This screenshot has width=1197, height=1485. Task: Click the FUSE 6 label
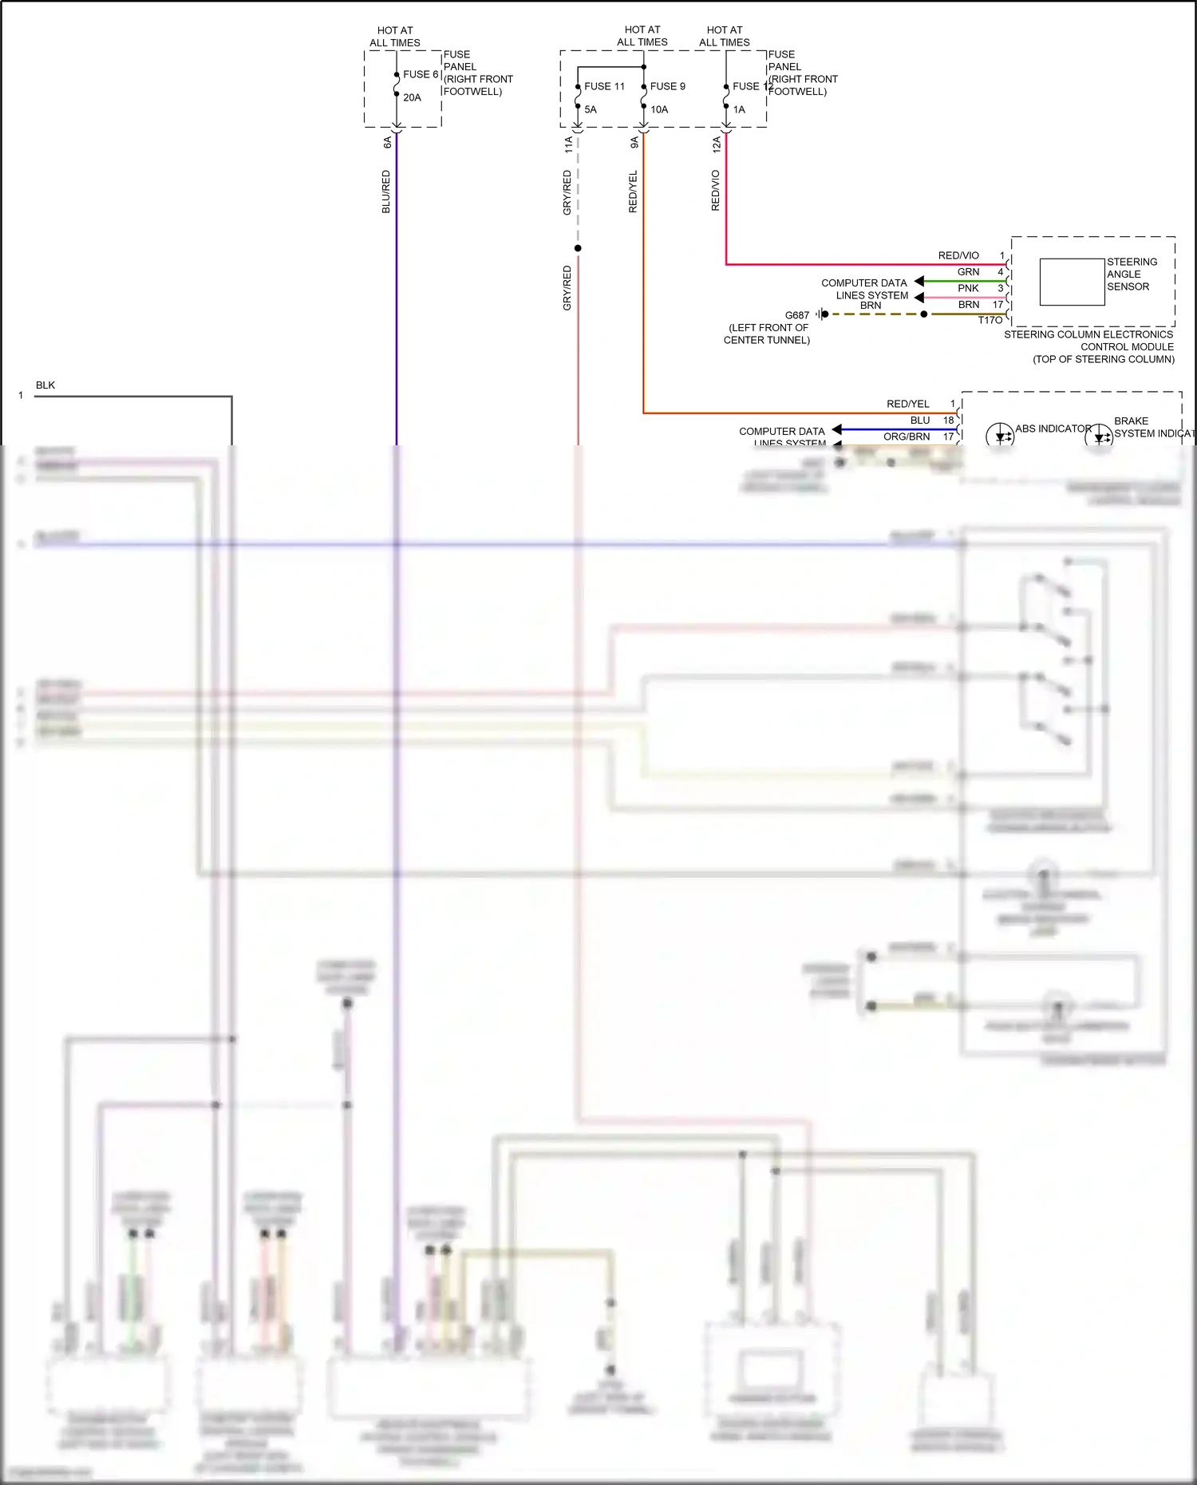(x=420, y=74)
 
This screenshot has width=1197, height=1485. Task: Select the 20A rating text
(x=412, y=97)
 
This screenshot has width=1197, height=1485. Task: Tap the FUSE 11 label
(x=604, y=86)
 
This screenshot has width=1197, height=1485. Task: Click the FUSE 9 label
(x=667, y=86)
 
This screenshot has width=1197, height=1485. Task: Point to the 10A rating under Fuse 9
(x=659, y=109)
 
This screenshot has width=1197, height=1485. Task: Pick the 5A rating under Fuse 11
(x=591, y=109)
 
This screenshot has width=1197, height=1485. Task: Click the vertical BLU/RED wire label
(x=386, y=192)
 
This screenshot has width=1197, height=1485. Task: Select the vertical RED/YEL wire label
(x=634, y=192)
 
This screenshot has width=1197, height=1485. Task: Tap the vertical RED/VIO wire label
(x=716, y=190)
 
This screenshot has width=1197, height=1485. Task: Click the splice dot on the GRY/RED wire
(x=578, y=248)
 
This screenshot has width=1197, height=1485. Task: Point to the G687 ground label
(x=796, y=315)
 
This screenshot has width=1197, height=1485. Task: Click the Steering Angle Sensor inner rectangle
(x=1072, y=282)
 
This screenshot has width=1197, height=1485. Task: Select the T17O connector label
(x=990, y=320)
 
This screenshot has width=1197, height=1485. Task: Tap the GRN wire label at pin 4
(x=968, y=272)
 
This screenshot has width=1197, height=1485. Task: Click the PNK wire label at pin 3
(x=968, y=288)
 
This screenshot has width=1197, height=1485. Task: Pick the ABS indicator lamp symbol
(x=1000, y=436)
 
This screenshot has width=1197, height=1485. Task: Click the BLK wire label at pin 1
(x=45, y=385)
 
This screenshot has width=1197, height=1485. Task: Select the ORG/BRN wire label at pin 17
(x=906, y=436)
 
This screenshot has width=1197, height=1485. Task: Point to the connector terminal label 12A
(x=717, y=144)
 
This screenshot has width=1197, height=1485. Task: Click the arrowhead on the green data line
(x=919, y=281)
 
